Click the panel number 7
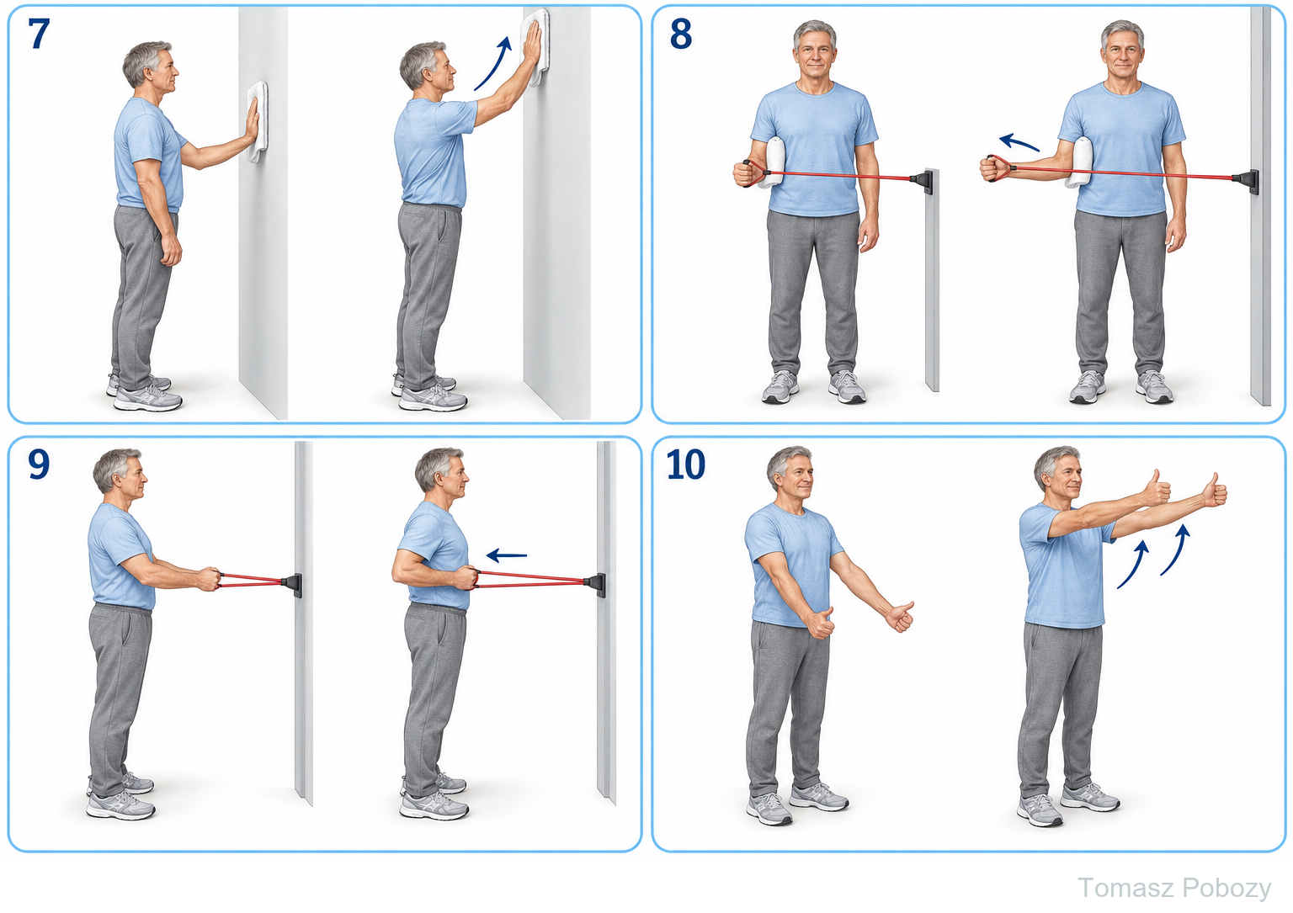39,34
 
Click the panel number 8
680,34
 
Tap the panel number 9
39,464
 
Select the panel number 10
686,464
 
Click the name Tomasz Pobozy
1174,889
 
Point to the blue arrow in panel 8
1019,142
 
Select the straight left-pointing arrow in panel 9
506,555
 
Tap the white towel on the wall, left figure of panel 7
258,122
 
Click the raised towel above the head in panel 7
535,47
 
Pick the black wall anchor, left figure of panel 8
922,181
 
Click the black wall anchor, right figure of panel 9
596,584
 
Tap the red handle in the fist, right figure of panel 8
998,168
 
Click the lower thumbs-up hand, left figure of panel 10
821,624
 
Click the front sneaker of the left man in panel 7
148,398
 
